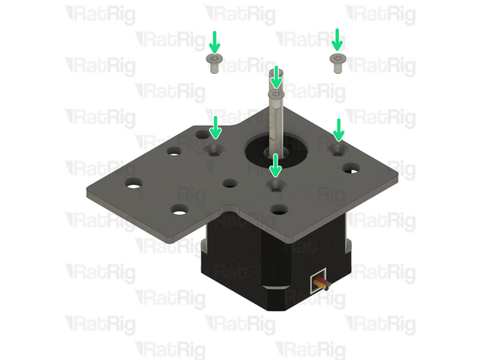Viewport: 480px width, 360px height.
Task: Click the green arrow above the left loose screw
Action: click(214, 41)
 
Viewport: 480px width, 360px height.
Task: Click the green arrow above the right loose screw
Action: click(337, 39)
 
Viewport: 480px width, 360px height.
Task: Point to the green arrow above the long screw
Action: click(276, 77)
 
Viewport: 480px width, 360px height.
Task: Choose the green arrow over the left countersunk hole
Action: click(216, 127)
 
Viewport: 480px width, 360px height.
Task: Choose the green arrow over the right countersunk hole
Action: click(339, 128)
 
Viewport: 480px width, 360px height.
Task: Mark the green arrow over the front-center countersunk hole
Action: click(276, 165)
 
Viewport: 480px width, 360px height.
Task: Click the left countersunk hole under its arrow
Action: click(216, 150)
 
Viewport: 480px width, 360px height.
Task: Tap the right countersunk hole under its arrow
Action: click(338, 149)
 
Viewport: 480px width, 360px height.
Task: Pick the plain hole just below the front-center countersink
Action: click(278, 208)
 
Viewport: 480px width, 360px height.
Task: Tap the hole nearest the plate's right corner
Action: click(351, 169)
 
